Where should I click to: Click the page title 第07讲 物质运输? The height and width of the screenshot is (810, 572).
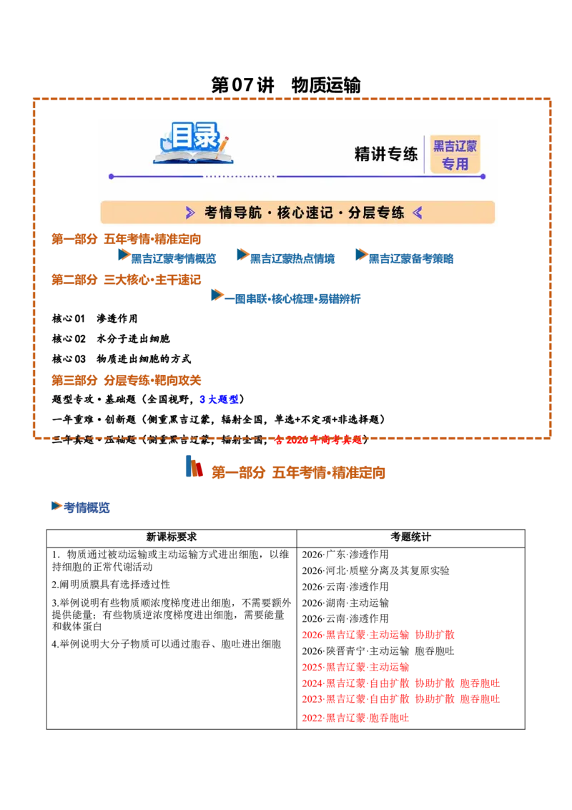pos(285,84)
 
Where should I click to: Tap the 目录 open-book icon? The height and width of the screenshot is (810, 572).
pos(194,143)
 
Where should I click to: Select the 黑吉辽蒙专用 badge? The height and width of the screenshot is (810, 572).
pos(455,155)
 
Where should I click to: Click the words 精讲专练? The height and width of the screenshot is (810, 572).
pos(385,154)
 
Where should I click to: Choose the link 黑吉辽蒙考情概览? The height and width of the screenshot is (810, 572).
pos(174,258)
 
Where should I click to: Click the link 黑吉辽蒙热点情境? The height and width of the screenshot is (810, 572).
pos(292,258)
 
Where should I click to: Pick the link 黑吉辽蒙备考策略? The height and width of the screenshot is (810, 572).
pos(411,258)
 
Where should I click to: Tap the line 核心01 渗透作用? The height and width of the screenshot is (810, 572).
pos(95,318)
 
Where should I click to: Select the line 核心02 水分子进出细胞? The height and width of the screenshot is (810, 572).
pos(111,339)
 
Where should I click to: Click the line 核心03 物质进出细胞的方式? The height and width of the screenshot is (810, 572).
pos(122,359)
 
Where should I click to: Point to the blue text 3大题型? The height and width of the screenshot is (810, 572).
pos(219,399)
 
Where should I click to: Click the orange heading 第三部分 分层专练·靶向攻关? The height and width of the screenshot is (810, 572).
pos(126,380)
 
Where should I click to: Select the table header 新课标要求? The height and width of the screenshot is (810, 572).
pos(172,537)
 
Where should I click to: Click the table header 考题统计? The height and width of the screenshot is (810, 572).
pos(410,537)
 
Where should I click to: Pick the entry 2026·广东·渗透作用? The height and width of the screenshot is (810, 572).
pos(345,555)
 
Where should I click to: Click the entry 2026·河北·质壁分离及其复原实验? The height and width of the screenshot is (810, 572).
pos(376,570)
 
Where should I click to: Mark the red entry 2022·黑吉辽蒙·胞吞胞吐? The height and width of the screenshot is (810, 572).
pos(355,718)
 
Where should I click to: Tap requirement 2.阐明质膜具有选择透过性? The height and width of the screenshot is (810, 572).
pos(111,585)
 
